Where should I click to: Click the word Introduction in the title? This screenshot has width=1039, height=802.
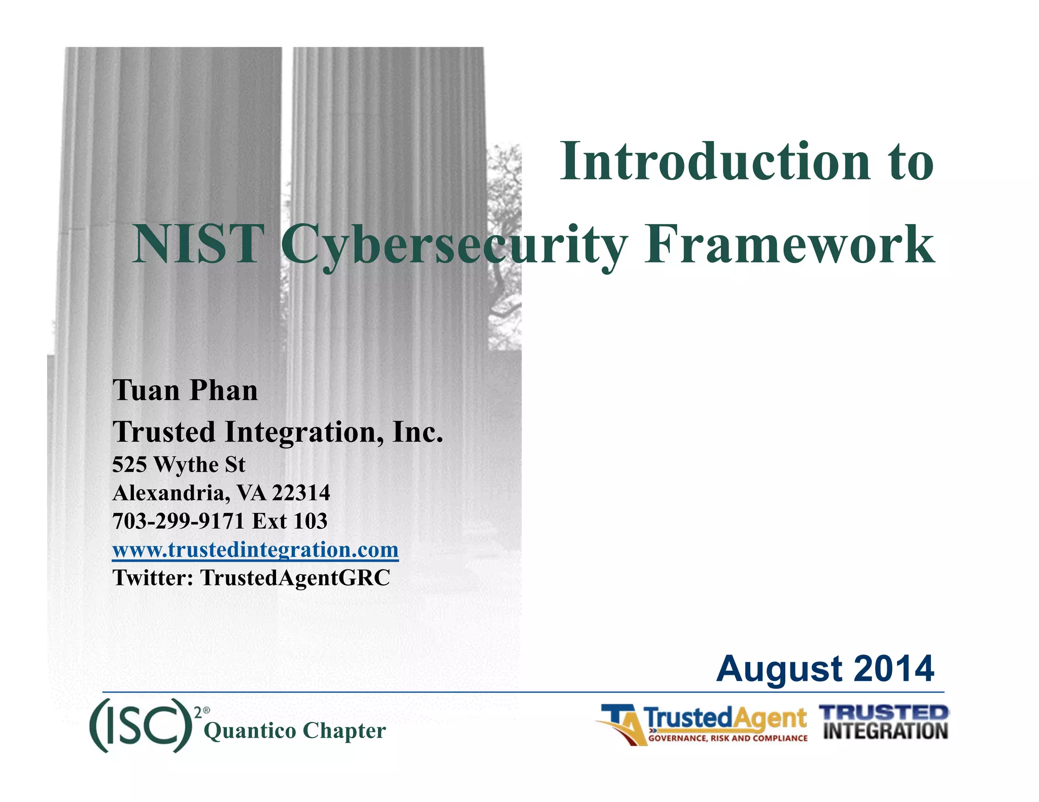point(714,161)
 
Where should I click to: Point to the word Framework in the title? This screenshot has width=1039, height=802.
point(789,245)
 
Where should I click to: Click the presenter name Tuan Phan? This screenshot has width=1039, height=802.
point(185,390)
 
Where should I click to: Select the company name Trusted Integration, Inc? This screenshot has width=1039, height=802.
point(278,432)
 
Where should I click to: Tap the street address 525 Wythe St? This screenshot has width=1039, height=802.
point(179,464)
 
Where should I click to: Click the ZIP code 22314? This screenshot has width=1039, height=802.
point(301,493)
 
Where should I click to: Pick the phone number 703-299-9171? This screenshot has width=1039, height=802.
point(179,521)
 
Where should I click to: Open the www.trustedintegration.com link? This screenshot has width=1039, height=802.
point(255,550)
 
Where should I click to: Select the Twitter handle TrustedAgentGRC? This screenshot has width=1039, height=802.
point(295,578)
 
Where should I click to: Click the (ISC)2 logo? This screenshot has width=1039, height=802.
point(145,725)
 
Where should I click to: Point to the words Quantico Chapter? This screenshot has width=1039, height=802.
point(295,731)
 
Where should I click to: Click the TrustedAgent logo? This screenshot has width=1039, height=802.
point(703,720)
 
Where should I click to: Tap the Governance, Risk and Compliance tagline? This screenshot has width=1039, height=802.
point(728,738)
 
